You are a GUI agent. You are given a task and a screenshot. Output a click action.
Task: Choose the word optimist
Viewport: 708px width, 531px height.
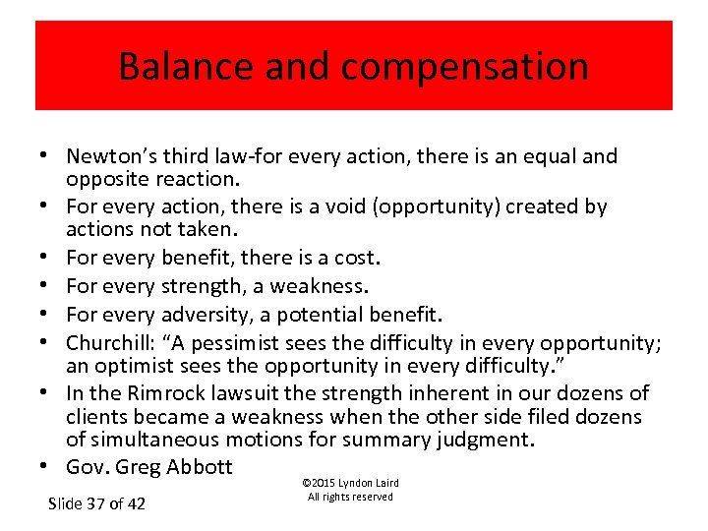(132, 366)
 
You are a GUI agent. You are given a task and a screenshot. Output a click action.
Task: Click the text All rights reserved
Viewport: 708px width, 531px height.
(350, 497)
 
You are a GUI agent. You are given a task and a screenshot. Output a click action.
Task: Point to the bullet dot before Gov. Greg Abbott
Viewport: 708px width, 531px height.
(47, 467)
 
